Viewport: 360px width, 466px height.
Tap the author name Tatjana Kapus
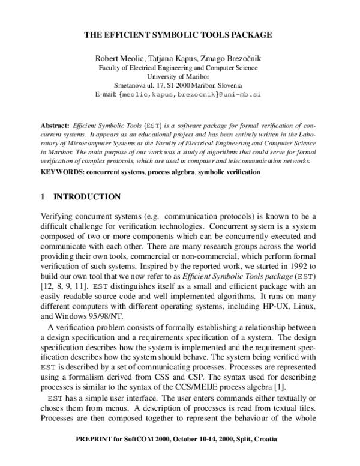170,59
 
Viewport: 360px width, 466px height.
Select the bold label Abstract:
55,128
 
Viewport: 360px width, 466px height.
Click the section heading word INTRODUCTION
88,197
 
